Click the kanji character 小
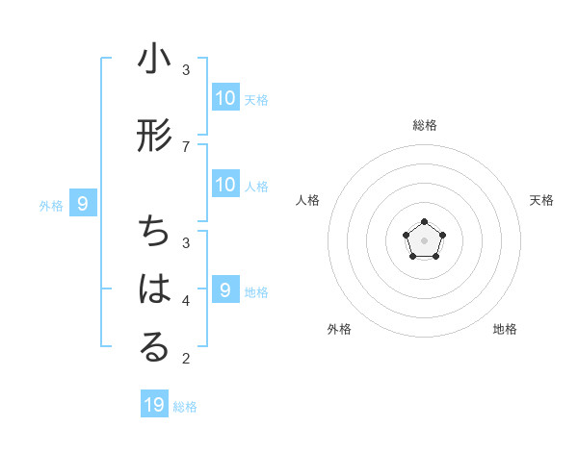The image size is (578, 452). click(154, 61)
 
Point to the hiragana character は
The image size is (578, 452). click(154, 289)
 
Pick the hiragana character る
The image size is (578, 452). click(154, 348)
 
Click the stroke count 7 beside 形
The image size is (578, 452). click(186, 146)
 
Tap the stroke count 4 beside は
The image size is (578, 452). click(186, 300)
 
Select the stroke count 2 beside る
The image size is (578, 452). click(186, 359)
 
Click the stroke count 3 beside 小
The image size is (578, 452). click(186, 70)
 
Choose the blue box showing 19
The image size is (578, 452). click(154, 405)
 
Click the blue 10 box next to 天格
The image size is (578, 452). click(225, 97)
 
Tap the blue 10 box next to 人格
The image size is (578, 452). click(225, 185)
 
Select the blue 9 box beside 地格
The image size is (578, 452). click(225, 289)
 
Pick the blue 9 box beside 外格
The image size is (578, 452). click(83, 203)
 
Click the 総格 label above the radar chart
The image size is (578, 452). click(424, 125)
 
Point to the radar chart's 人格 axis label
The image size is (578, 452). click(308, 200)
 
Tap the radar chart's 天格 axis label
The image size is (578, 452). click(541, 200)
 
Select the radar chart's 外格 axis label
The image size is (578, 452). click(339, 329)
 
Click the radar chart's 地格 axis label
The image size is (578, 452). click(505, 329)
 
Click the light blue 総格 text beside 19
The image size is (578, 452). click(185, 407)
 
